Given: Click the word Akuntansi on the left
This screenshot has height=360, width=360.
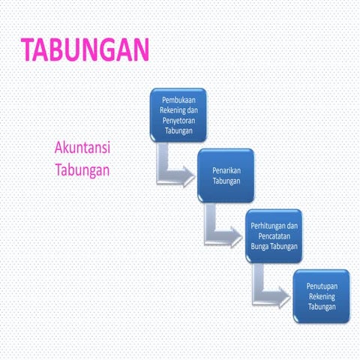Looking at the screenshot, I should [82, 148].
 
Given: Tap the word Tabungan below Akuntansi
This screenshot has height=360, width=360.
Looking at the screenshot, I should [82, 170].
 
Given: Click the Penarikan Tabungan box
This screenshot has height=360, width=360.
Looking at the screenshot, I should [226, 176].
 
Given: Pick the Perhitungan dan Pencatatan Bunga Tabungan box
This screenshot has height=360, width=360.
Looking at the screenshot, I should [274, 236].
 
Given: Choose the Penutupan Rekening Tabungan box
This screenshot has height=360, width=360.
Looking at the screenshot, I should [321, 296].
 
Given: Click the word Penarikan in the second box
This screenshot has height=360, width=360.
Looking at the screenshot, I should [226, 171].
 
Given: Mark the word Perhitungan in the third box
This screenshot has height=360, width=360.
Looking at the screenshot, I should [274, 226].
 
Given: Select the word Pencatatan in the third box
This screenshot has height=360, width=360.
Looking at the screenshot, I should [274, 236].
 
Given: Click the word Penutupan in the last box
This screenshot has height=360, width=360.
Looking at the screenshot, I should [321, 286].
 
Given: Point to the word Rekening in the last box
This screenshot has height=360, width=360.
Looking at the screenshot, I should [321, 296].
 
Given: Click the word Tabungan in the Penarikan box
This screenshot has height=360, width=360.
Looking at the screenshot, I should [226, 181].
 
